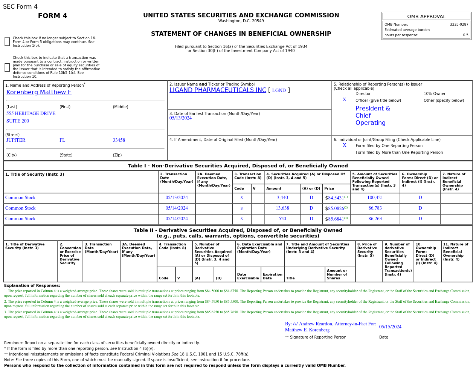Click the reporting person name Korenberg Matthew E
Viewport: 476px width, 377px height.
39,92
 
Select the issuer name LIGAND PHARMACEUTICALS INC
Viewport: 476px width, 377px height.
218,90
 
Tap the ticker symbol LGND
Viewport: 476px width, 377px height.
279,90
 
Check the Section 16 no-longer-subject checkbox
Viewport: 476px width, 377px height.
7,42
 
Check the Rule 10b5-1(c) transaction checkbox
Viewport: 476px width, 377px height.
7,67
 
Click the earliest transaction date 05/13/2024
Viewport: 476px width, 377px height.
180,118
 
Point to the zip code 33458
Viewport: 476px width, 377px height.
119,140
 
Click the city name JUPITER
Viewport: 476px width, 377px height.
16,140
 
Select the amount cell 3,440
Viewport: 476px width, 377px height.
282,198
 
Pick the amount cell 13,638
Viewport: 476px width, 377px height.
282,208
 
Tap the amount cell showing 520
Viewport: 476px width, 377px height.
282,219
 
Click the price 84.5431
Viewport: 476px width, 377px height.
336,198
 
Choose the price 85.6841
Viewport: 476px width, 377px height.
336,219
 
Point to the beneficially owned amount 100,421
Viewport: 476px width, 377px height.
375,198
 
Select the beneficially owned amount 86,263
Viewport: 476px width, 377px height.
375,219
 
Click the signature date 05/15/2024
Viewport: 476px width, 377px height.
390,327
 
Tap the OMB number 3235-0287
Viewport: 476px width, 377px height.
459,25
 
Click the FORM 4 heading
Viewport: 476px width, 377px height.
52,16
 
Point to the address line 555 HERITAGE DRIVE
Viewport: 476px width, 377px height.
31,113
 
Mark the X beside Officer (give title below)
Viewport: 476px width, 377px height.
344,100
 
